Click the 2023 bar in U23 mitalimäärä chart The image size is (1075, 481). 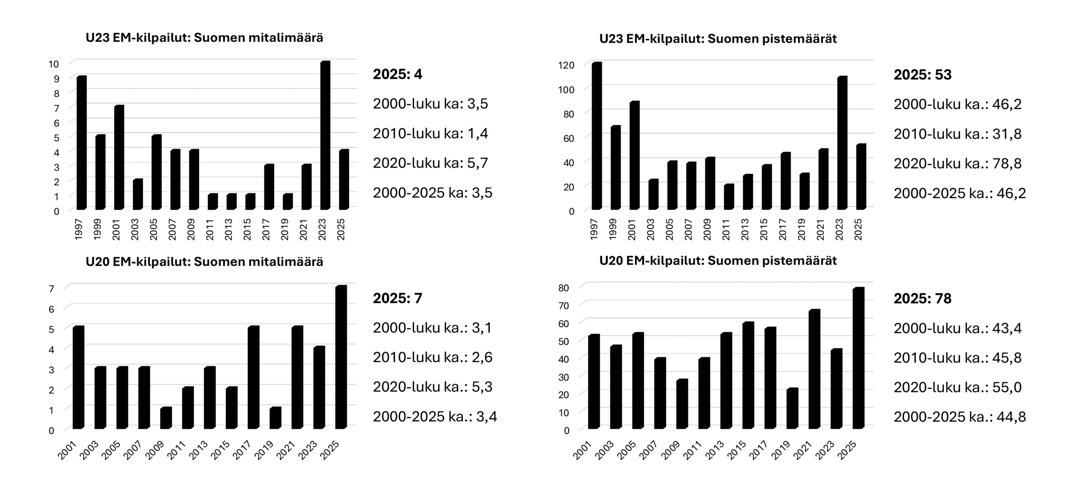(325, 135)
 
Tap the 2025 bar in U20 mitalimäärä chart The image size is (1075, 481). (341, 357)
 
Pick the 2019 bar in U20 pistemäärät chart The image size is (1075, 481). (792, 408)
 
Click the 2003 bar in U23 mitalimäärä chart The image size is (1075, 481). (138, 194)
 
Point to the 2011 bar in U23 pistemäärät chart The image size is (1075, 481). (729, 197)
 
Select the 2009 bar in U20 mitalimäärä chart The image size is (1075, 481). (166, 418)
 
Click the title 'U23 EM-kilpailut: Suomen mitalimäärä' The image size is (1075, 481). (205, 38)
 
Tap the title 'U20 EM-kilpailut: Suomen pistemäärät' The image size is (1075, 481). (718, 261)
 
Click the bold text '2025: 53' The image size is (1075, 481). (922, 75)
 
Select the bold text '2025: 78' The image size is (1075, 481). (922, 299)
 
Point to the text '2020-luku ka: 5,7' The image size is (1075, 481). (430, 163)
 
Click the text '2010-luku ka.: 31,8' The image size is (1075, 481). (957, 134)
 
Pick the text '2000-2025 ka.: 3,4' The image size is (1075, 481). (435, 417)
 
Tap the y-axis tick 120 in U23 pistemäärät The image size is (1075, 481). (566, 65)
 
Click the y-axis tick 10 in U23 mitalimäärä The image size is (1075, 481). (53, 64)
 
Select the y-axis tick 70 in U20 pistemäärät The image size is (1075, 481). (564, 306)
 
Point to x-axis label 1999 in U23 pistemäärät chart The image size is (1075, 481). (613, 229)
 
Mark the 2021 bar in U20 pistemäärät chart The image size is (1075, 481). (814, 369)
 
